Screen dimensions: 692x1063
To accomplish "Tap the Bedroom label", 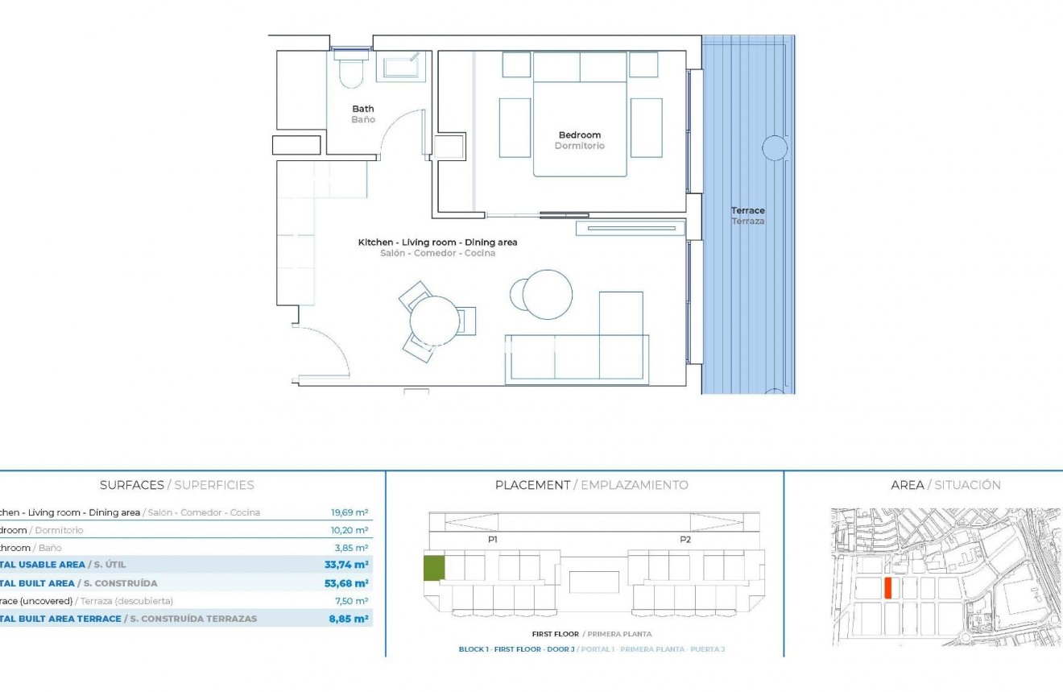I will click(x=580, y=135).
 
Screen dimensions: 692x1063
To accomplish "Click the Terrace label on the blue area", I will click(x=748, y=211).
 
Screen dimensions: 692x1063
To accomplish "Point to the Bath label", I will click(x=363, y=109).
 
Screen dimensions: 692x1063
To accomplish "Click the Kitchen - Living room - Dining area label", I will click(x=437, y=242).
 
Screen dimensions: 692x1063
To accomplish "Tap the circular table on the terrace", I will click(x=774, y=148).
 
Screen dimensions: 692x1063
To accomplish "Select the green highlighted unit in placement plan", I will click(x=434, y=568).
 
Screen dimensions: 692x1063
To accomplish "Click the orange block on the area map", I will click(x=888, y=588).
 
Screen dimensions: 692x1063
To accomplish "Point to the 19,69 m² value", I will click(x=350, y=512).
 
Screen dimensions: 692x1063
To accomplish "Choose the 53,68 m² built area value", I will click(x=346, y=583).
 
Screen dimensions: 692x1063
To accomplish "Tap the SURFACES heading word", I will click(x=132, y=485).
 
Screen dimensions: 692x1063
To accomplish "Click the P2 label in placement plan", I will click(x=685, y=540).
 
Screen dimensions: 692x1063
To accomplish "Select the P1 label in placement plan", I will click(x=493, y=540).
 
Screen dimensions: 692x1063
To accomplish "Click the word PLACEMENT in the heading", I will click(x=532, y=485).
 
